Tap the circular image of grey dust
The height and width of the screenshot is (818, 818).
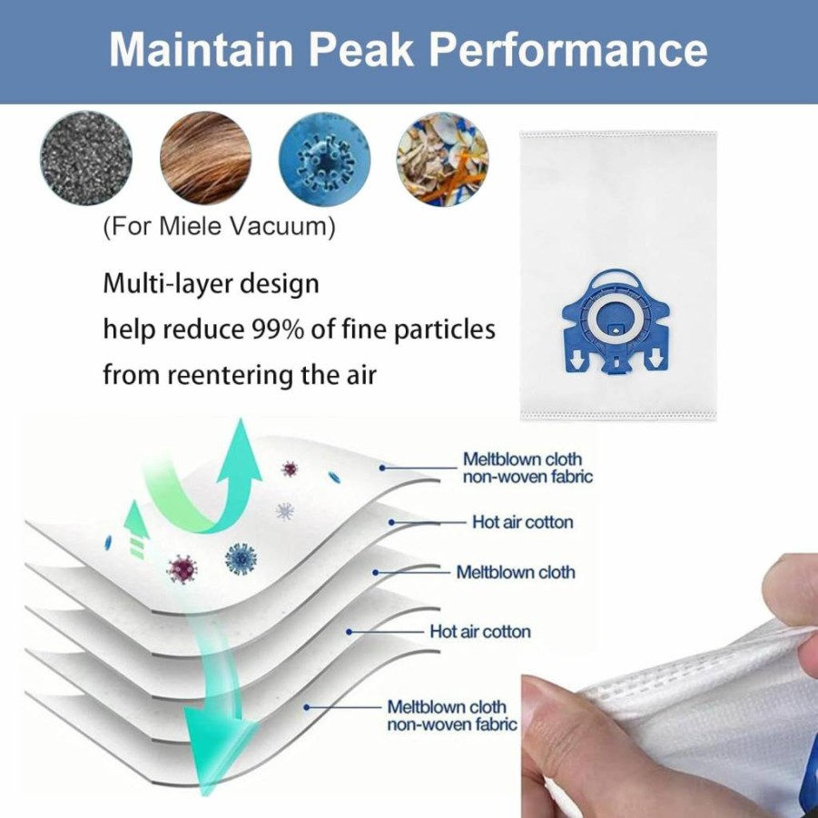click(86, 158)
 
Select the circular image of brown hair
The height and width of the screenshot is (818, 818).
click(205, 158)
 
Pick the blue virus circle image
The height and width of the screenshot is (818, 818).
click(324, 158)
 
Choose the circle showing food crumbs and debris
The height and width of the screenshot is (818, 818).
click(443, 159)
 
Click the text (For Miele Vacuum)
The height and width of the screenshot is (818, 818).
click(219, 227)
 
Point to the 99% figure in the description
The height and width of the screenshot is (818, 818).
click(278, 330)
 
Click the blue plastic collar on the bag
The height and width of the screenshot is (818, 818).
click(616, 322)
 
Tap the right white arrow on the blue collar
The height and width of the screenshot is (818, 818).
click(655, 359)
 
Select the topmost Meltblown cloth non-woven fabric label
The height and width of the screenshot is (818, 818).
click(527, 468)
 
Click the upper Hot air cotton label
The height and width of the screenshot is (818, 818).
click(523, 522)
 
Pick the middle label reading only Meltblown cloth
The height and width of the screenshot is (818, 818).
click(516, 572)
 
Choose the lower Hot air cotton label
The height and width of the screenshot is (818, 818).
click(480, 632)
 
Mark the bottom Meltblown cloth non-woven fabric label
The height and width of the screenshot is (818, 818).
click(452, 715)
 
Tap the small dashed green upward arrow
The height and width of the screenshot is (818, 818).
click(137, 529)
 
